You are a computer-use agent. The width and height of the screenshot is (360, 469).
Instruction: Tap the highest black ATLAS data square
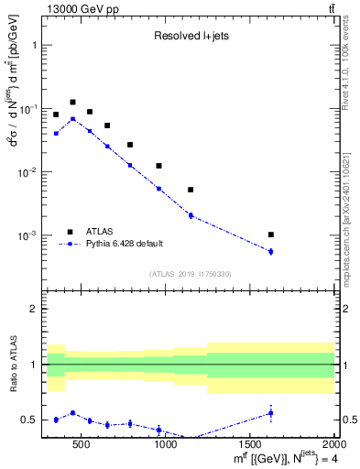point(72,103)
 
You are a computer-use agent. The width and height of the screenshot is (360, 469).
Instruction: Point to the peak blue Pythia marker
point(72,118)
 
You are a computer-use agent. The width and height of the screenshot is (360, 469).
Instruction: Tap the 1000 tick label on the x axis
point(166,444)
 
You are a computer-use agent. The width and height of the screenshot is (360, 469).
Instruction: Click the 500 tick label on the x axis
point(82,444)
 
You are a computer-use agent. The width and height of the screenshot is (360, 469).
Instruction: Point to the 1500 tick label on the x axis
point(250,444)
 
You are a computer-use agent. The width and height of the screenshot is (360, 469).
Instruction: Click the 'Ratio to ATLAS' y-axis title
point(12,365)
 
